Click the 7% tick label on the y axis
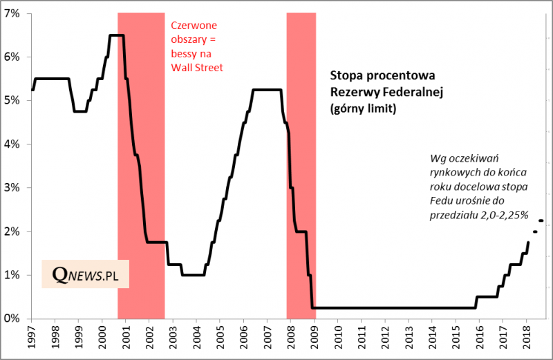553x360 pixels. [x=12, y=14]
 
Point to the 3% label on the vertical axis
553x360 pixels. [x=12, y=188]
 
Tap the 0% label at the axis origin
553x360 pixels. [x=12, y=319]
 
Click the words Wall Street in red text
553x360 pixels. [x=197, y=68]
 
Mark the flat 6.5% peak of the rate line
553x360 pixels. [x=116, y=35]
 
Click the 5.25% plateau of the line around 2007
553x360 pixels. [x=267, y=90]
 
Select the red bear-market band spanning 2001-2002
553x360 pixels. [x=141, y=173]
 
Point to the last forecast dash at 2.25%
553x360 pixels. [x=541, y=220]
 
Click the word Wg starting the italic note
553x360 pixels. [x=438, y=157]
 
